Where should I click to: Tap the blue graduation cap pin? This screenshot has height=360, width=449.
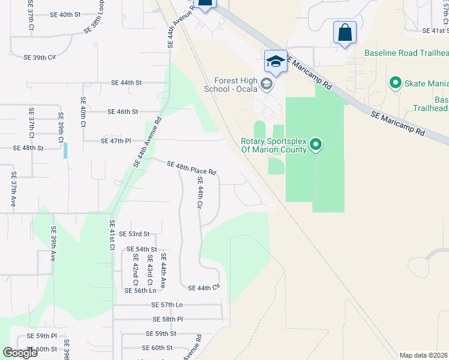276,61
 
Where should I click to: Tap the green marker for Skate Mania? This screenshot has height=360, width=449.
396,82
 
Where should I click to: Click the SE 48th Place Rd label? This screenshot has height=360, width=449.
191,168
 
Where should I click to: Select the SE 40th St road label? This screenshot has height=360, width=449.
65,14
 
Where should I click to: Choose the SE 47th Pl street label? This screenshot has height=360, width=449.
116,140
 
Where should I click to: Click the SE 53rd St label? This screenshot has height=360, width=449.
134,234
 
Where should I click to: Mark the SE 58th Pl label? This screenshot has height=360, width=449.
167,319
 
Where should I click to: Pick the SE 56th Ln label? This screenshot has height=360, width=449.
140,290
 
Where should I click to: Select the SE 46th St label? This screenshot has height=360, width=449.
123,112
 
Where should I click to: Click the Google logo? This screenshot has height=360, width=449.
20,353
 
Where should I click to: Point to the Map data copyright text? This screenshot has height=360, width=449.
423,355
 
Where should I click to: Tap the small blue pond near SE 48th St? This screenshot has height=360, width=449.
65,150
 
